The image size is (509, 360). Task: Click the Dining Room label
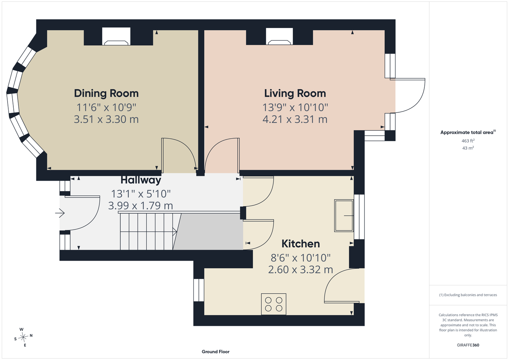point(106,94)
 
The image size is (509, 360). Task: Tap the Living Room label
point(295,94)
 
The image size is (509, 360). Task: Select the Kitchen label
point(301,244)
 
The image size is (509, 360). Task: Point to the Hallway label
point(140,180)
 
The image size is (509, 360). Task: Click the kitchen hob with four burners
point(273,304)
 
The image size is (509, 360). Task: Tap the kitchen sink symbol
point(344,216)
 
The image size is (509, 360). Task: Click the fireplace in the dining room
point(116,36)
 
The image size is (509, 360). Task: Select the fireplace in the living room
point(279,36)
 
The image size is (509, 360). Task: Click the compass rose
point(23,337)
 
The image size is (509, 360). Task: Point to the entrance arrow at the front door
point(60,213)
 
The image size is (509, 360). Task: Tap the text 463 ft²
point(468,141)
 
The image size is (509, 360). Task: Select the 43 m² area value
point(468,148)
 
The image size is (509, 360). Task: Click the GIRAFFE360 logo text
point(468,345)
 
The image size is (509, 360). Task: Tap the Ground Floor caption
point(215,352)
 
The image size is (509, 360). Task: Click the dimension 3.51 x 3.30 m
point(106,119)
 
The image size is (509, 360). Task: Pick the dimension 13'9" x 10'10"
point(295,107)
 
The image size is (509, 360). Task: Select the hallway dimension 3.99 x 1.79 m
point(140,206)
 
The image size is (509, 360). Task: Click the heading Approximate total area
point(468,132)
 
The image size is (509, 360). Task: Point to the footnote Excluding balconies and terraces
point(468,295)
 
